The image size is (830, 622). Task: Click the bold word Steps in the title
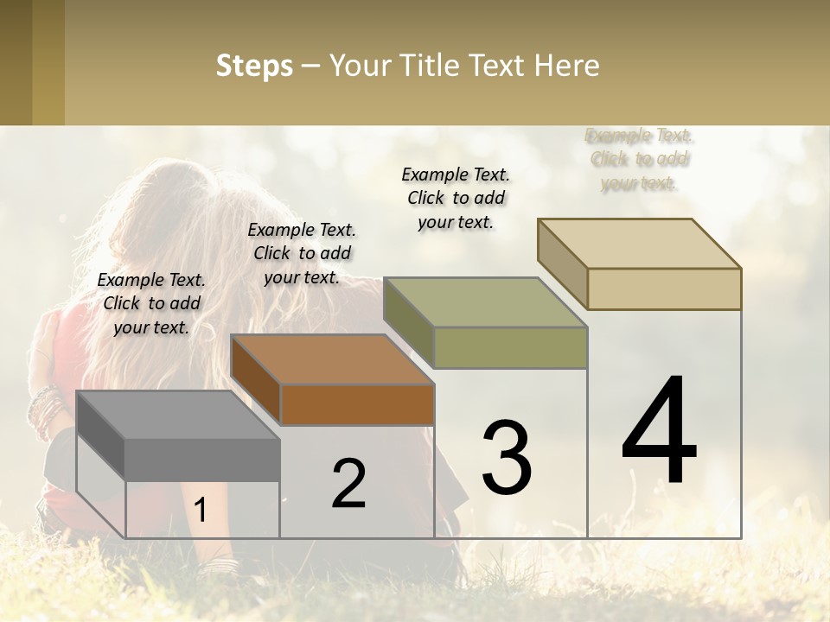(x=254, y=66)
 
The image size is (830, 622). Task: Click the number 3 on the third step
(x=507, y=457)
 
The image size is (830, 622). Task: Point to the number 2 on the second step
(x=348, y=484)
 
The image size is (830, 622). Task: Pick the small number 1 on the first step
(x=201, y=511)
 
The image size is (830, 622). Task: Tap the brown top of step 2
(x=331, y=359)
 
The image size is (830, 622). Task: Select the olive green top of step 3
(x=484, y=302)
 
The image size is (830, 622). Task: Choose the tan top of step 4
(x=638, y=244)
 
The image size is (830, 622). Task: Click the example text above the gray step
(x=151, y=303)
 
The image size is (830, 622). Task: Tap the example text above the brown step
(x=302, y=253)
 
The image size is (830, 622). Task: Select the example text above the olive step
(x=456, y=198)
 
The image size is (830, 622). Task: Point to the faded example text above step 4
(x=640, y=159)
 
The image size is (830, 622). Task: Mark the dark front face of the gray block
(x=202, y=459)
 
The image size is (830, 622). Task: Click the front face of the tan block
(x=664, y=289)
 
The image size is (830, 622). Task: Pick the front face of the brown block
(x=357, y=404)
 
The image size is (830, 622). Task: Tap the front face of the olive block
(x=510, y=347)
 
